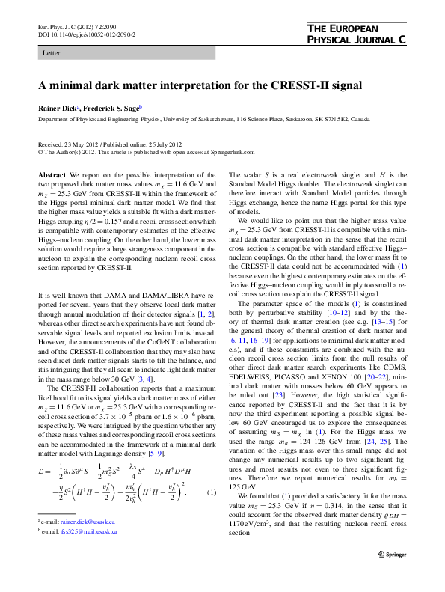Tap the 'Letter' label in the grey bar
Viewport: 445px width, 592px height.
tap(52, 54)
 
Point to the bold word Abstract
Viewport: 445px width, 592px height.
tap(52, 174)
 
